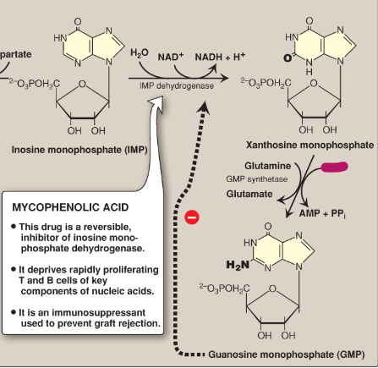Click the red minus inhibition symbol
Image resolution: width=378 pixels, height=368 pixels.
[192, 218]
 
